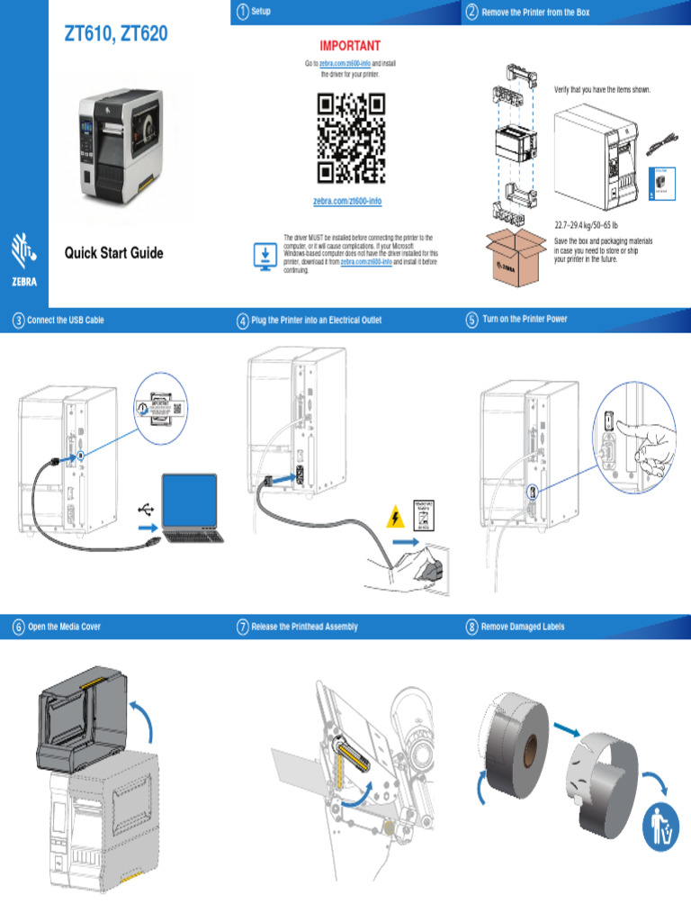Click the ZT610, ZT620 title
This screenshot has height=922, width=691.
click(115, 35)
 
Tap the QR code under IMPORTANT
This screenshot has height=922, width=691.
click(351, 138)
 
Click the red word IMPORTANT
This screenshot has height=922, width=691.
click(351, 46)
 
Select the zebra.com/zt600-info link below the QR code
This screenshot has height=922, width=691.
click(347, 201)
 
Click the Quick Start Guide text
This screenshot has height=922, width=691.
click(113, 253)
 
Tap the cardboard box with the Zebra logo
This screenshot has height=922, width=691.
click(516, 256)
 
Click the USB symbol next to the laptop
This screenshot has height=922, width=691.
click(146, 509)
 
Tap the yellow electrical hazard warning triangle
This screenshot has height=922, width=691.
click(393, 518)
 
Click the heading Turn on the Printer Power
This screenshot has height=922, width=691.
click(525, 320)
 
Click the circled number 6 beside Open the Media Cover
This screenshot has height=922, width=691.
click(18, 627)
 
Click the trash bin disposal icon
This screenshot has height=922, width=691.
click(660, 829)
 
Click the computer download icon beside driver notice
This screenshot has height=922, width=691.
click(265, 255)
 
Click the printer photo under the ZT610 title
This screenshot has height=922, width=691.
click(131, 146)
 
